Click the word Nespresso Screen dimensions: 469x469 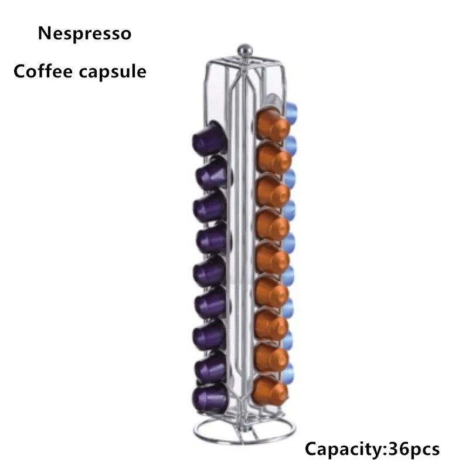coord(84,33)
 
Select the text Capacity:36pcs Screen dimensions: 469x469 coord(372,449)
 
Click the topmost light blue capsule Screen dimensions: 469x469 coord(291,109)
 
